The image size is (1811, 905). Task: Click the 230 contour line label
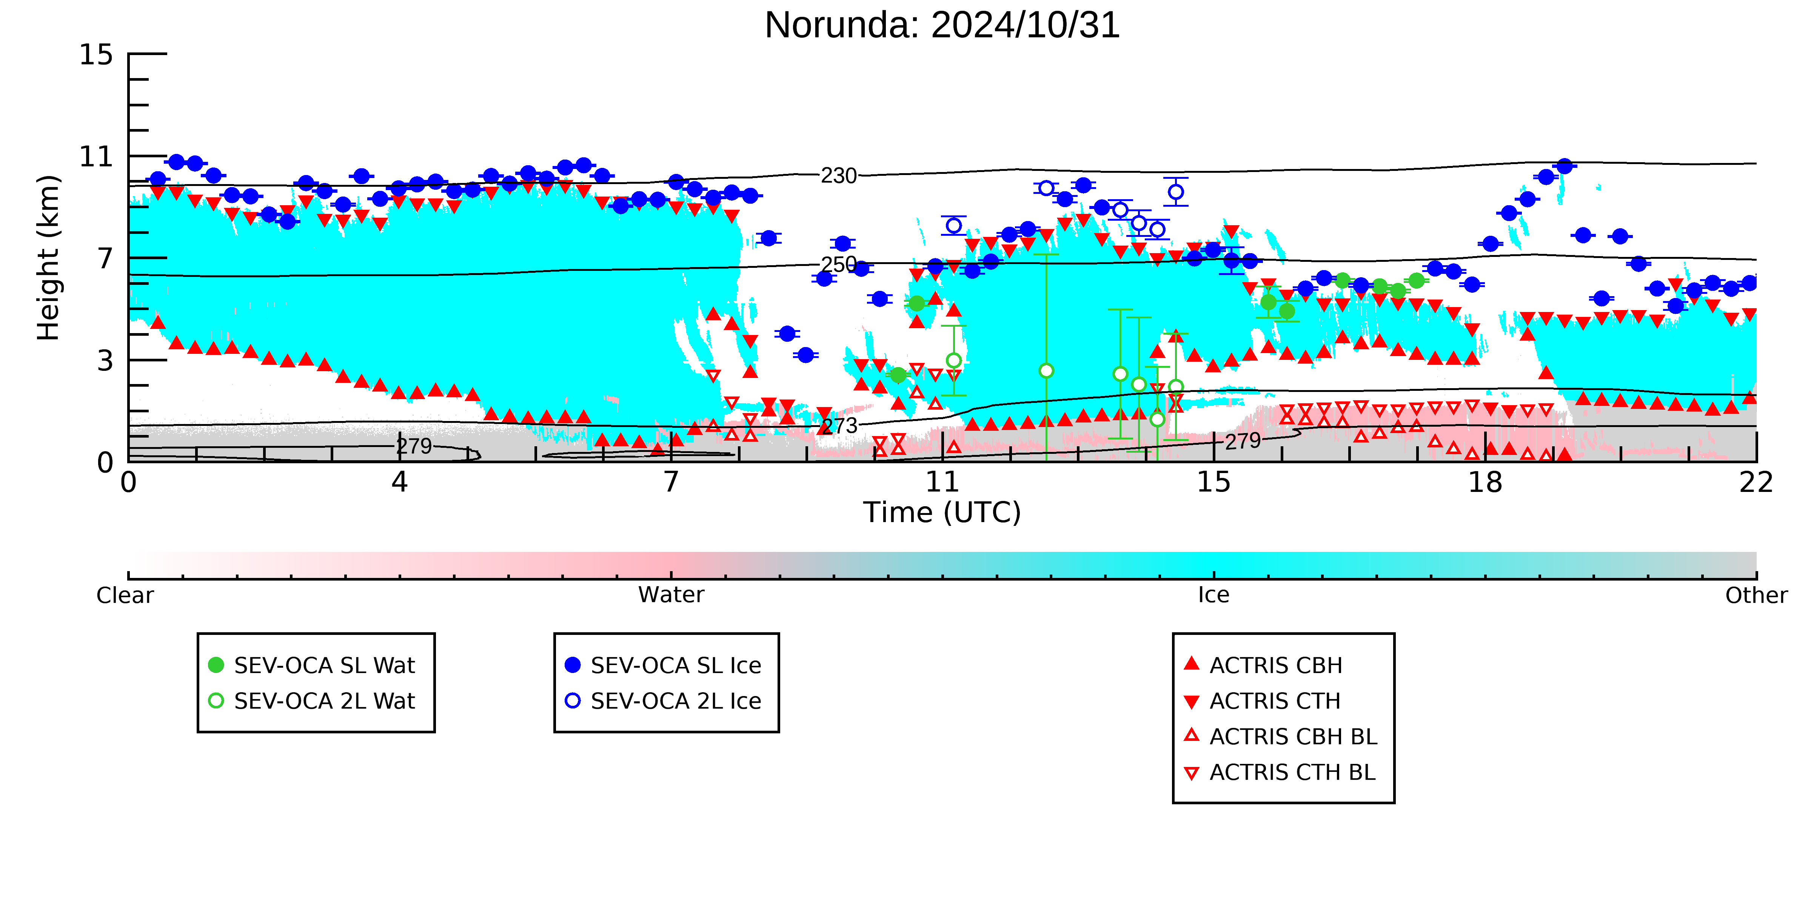tap(839, 176)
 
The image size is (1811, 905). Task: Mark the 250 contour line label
tap(839, 264)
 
